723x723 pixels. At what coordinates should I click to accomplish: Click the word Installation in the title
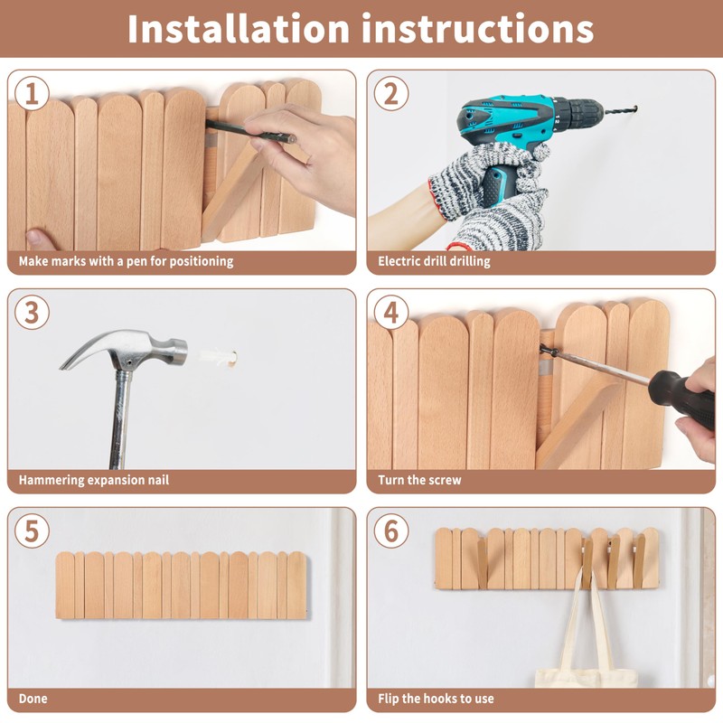click(x=239, y=29)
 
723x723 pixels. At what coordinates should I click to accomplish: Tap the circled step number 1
click(x=32, y=93)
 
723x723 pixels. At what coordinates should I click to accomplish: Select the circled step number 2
click(x=391, y=93)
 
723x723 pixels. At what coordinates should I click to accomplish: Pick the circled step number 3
click(x=32, y=312)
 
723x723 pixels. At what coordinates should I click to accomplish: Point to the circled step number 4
click(x=391, y=312)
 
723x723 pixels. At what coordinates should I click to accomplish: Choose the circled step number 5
click(x=32, y=531)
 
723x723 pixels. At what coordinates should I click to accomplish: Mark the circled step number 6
click(x=391, y=531)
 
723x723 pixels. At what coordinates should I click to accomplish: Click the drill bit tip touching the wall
click(x=636, y=108)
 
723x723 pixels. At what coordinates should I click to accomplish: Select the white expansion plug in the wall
click(x=219, y=357)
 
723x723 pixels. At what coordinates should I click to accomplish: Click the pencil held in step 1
click(x=251, y=131)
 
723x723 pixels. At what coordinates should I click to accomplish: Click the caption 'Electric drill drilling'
click(x=434, y=261)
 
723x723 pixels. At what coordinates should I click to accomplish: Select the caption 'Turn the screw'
click(x=419, y=480)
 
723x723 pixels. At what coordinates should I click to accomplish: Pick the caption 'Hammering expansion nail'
click(x=94, y=480)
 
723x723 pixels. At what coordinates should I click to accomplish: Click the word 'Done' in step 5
click(x=33, y=699)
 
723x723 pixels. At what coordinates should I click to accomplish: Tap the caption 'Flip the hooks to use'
click(x=436, y=699)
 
